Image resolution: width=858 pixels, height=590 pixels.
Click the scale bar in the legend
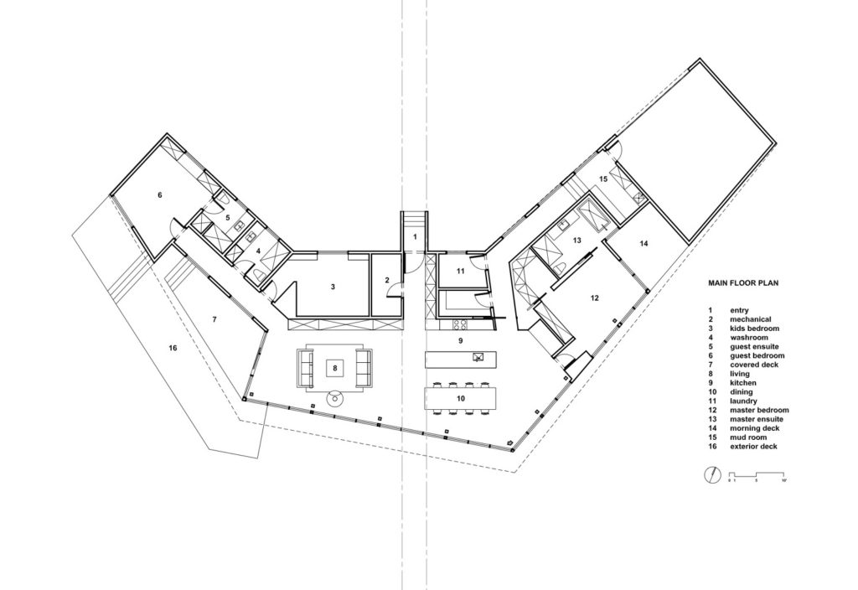coord(757,475)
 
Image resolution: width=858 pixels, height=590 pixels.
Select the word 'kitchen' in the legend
coord(744,382)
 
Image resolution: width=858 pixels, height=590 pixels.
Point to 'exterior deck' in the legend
coord(754,447)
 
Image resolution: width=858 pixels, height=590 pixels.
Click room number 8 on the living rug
coord(335,366)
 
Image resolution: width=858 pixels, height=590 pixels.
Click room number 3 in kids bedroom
coord(333,287)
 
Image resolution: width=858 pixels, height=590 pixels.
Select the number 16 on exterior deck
coord(173,347)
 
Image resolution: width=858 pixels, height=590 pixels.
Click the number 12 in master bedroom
coord(594,298)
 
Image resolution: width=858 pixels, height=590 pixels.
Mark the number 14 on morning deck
coord(643,244)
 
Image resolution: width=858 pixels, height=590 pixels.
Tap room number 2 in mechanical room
coord(387,281)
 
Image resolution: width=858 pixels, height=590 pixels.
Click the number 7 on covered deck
coord(214,319)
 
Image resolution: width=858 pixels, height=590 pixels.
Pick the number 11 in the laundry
coord(461,271)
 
